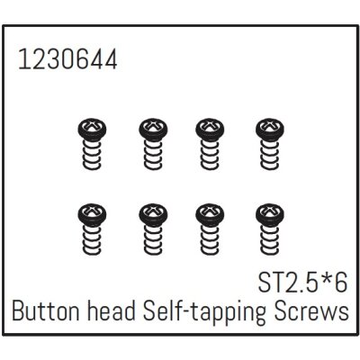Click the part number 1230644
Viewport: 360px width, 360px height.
67,59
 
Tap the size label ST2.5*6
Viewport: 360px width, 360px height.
302,283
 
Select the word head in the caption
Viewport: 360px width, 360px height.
112,311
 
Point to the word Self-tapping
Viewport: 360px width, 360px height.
204,313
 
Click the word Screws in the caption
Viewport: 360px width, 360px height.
310,311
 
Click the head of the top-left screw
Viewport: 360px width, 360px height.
92,130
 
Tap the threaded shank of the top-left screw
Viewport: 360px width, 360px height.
92,155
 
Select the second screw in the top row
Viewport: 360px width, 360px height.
153,144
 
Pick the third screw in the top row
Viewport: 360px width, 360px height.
210,144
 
